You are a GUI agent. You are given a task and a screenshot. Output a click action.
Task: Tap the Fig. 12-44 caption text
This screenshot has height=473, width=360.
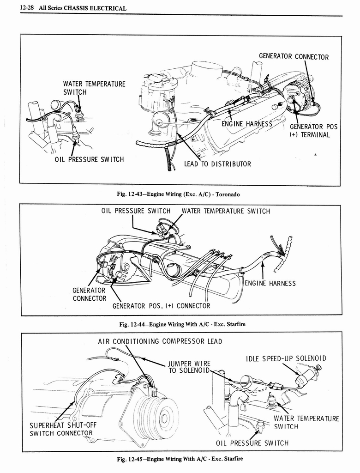[x=182, y=324]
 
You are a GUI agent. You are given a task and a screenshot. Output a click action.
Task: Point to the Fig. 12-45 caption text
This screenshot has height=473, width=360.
[x=180, y=459]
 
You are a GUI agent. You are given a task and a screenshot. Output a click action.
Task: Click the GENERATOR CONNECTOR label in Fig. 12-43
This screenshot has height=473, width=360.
[x=294, y=57]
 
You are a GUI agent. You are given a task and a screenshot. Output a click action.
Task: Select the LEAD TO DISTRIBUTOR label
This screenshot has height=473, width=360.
[x=217, y=164]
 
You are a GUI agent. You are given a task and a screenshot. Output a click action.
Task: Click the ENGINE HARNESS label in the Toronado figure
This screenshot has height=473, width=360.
[x=247, y=124]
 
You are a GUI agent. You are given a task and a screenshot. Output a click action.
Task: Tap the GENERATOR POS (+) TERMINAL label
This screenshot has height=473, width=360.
[x=313, y=131]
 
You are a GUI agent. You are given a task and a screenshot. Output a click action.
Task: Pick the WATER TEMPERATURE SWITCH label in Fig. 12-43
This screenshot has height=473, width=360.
[x=94, y=88]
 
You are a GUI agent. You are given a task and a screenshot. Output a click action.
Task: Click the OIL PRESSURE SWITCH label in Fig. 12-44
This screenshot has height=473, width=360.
[x=136, y=211]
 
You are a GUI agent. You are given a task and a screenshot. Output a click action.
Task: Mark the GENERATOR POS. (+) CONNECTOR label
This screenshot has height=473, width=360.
[x=161, y=306]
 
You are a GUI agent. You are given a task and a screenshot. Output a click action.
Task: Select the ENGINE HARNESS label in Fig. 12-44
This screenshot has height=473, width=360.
[x=270, y=283]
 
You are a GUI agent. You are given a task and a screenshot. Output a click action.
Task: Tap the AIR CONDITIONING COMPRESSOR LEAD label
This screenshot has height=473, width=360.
[x=160, y=341]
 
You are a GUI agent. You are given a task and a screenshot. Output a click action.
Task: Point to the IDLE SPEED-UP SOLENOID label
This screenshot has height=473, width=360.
[x=286, y=358]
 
